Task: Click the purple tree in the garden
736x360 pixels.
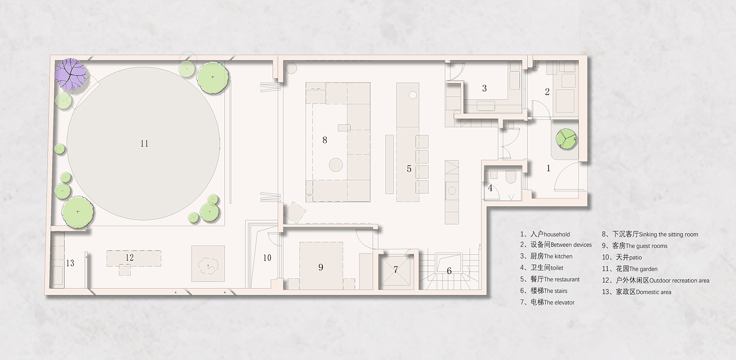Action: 71,74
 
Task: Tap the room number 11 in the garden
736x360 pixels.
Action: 144,144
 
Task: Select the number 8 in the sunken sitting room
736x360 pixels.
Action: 325,140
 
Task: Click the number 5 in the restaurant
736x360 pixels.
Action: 409,169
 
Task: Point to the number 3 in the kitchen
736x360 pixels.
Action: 484,88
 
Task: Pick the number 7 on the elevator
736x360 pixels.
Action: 395,270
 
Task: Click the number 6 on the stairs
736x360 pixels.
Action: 449,271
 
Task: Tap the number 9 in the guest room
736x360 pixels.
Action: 321,267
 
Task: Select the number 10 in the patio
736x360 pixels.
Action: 267,258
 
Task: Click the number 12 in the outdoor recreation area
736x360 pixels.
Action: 130,257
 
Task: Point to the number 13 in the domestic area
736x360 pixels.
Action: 70,263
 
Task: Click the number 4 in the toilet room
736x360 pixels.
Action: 490,188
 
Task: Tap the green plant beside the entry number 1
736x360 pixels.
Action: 566,139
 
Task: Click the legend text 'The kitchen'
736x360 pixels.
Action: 558,256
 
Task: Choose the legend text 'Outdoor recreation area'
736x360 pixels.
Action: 679,281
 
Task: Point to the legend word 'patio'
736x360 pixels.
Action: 635,257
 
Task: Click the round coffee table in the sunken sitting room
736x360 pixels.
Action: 336,165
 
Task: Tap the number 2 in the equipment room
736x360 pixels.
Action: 547,92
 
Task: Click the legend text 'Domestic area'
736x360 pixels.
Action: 653,292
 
